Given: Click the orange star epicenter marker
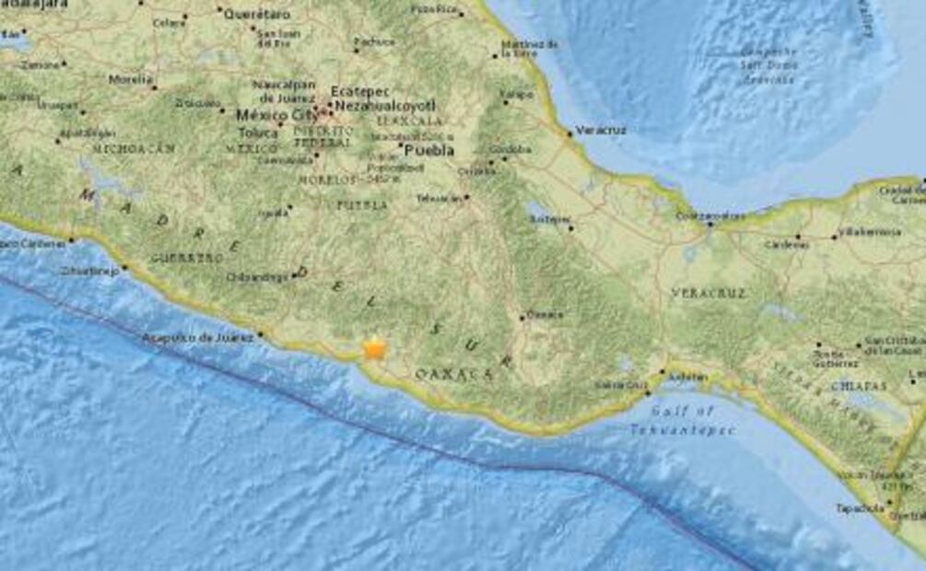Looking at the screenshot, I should tap(374, 348).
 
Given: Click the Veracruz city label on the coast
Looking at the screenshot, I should tap(600, 130).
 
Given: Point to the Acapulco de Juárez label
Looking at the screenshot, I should tap(197, 338).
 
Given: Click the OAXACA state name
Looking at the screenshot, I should tap(453, 373).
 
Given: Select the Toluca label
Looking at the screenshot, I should tap(257, 132).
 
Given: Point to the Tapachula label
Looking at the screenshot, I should tap(860, 507).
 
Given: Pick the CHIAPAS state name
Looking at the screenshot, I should tap(857, 386).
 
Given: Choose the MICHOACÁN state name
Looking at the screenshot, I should tap(133, 147).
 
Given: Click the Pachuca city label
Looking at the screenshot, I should tap(375, 41).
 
